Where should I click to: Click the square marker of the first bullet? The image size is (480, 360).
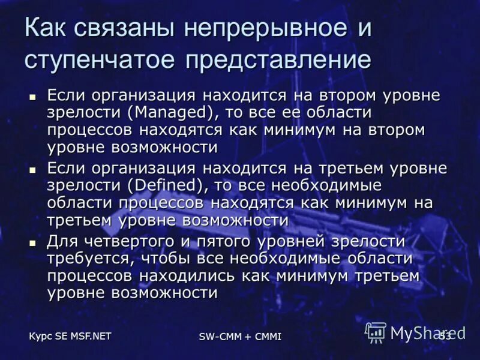tap(33, 95)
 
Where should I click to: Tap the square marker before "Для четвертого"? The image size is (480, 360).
tap(33, 242)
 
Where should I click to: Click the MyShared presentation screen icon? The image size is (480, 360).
tap(376, 332)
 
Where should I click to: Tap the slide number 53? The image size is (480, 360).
tap(445, 334)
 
